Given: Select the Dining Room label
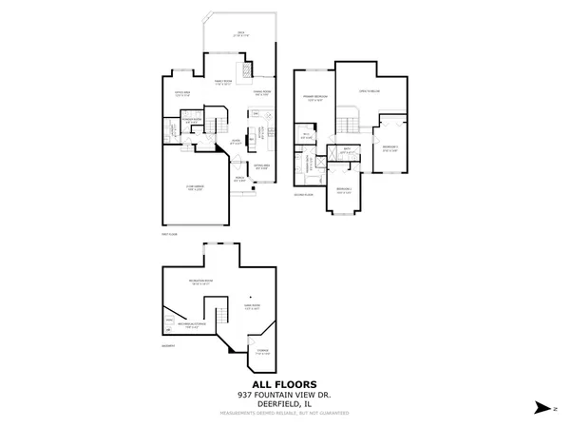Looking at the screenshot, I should click(x=263, y=93).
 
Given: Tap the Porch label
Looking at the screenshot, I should click(x=241, y=180).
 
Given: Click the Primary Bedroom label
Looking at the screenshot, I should click(x=313, y=99).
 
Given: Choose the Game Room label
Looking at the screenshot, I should click(x=253, y=307).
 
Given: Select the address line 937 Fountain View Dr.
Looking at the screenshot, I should click(x=284, y=396).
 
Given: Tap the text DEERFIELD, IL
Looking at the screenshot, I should click(x=284, y=404).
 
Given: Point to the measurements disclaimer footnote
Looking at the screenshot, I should click(x=284, y=413).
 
